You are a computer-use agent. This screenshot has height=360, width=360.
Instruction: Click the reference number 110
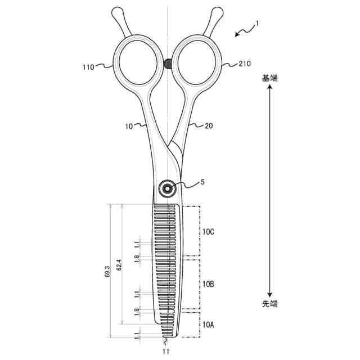click(x=88, y=67)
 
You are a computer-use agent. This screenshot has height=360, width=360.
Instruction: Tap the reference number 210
click(x=245, y=64)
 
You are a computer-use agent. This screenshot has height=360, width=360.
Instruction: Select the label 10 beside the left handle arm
click(x=129, y=126)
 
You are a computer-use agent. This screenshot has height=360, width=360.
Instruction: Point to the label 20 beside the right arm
click(x=209, y=126)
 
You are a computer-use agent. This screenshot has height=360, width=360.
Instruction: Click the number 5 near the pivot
click(x=202, y=182)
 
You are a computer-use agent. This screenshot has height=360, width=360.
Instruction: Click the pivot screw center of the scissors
click(x=168, y=189)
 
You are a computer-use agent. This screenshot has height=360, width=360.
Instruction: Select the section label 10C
click(x=208, y=232)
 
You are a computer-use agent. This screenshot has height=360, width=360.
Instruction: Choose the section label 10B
click(x=208, y=284)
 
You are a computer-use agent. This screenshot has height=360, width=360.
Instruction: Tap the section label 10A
click(x=208, y=325)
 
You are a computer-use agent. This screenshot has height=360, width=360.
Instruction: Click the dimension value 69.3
click(x=107, y=272)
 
